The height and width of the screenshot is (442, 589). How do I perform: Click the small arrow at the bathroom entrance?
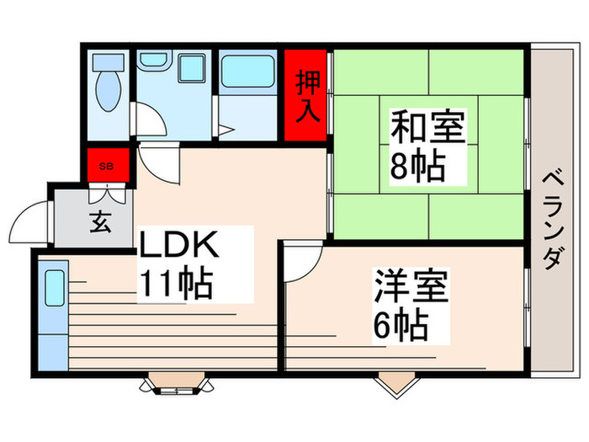pyautogui.click(x=225, y=130)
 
